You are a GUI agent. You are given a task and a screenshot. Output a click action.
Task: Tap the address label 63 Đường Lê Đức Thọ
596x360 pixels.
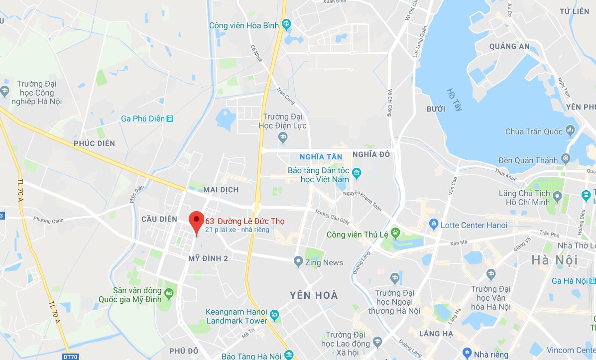pyautogui.click(x=245, y=221)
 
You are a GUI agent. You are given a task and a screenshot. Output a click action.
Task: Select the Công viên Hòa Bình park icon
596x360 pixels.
pyautogui.click(x=286, y=23)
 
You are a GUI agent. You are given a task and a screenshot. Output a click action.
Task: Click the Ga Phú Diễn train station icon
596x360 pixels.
pyautogui.click(x=170, y=119)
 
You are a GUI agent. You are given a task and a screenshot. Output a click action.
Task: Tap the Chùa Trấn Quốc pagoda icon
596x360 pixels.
pyautogui.click(x=570, y=131)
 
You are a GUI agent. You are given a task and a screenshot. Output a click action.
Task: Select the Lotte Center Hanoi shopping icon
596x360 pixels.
pyautogui.click(x=433, y=225)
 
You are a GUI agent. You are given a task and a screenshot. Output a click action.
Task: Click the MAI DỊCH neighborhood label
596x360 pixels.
pyautogui.click(x=221, y=190)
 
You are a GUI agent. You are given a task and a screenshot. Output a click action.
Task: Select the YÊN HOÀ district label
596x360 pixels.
pyautogui.click(x=314, y=295)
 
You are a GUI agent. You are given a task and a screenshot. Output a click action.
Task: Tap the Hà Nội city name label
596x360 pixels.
pyautogui.click(x=554, y=260)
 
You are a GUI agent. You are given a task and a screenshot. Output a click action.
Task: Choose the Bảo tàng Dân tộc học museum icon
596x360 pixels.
pyautogui.click(x=356, y=174)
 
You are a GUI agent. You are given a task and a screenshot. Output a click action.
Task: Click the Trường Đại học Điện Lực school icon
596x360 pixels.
pyautogui.click(x=283, y=136)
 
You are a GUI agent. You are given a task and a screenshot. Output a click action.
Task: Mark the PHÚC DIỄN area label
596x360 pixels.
pyautogui.click(x=94, y=143)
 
